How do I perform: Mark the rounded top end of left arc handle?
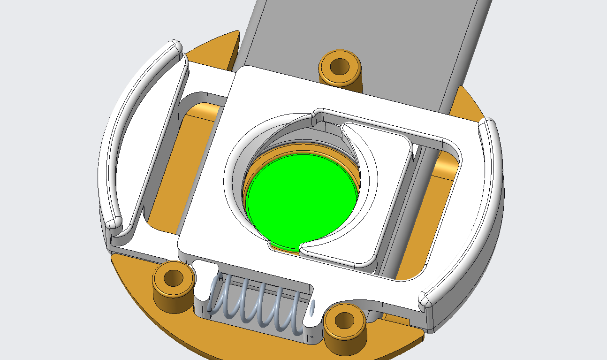coord(176,46)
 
